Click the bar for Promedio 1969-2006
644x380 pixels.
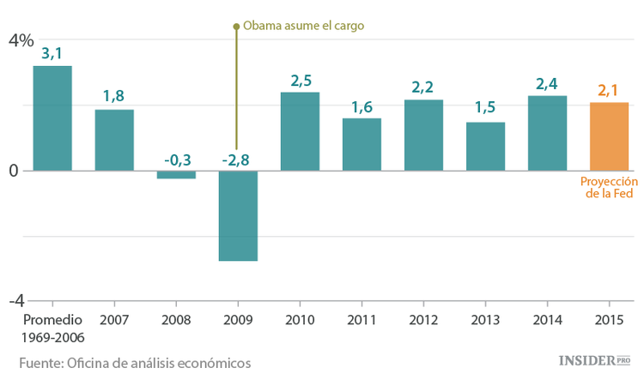pyautogui.click(x=52, y=118)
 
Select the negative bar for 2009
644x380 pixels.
pyautogui.click(x=238, y=215)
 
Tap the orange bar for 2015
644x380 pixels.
pyautogui.click(x=609, y=136)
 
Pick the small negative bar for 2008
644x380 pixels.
pyautogui.click(x=176, y=174)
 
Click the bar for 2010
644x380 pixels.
pyautogui.click(x=300, y=131)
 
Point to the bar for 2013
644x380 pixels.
pyautogui.click(x=485, y=147)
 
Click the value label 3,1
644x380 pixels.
pyautogui.click(x=52, y=53)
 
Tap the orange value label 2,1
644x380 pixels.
pyautogui.click(x=609, y=90)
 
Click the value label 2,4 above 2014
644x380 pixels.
pyautogui.click(x=547, y=83)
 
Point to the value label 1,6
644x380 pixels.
pyautogui.click(x=361, y=106)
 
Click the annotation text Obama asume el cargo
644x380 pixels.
pyautogui.click(x=304, y=26)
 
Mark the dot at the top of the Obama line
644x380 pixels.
pyautogui.click(x=236, y=27)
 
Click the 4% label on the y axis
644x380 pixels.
pyautogui.click(x=21, y=40)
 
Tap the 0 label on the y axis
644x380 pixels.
pyautogui.click(x=14, y=171)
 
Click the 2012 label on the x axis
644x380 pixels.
pyautogui.click(x=423, y=320)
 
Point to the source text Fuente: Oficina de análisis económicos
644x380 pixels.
pyautogui.click(x=135, y=362)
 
